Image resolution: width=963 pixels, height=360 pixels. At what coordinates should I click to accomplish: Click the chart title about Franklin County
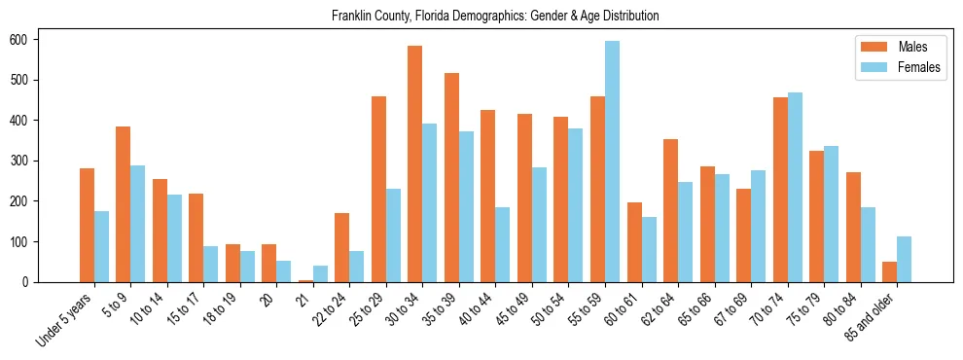click(x=495, y=16)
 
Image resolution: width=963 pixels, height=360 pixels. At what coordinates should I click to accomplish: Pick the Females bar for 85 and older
click(x=904, y=259)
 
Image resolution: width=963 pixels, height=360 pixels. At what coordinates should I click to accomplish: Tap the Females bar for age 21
click(x=320, y=273)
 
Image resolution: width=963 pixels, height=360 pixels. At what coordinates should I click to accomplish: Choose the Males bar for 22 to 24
click(x=341, y=247)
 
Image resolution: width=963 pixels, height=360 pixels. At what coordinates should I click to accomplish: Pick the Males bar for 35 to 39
click(x=451, y=177)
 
